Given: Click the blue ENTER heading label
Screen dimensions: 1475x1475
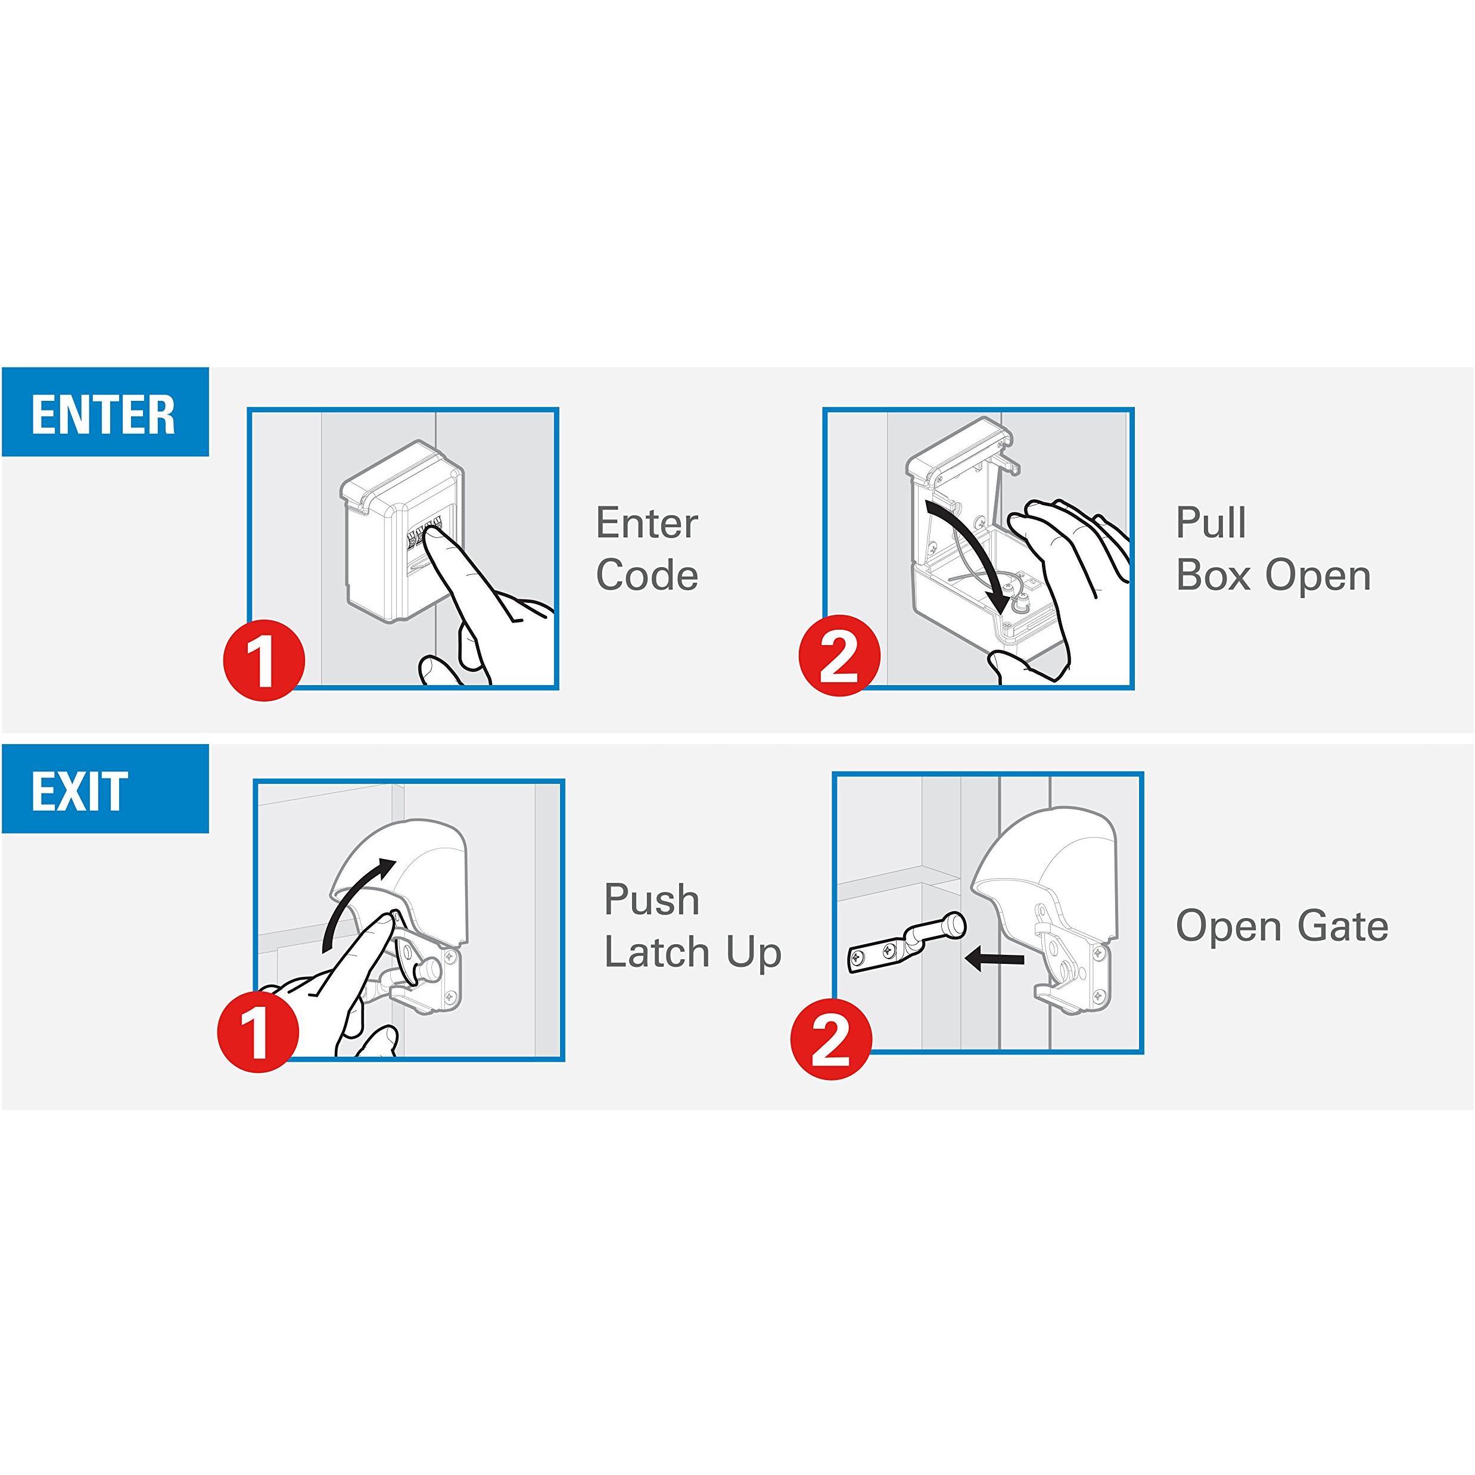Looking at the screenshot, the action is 105,412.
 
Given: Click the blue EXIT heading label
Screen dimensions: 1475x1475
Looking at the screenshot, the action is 105,789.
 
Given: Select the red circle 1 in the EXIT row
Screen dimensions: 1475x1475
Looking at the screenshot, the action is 258,1030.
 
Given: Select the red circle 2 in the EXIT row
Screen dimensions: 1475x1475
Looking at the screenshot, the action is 830,1040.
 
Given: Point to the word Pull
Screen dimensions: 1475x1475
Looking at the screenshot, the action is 1211,523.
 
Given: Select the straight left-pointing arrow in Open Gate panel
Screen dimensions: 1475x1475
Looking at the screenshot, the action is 994,959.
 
